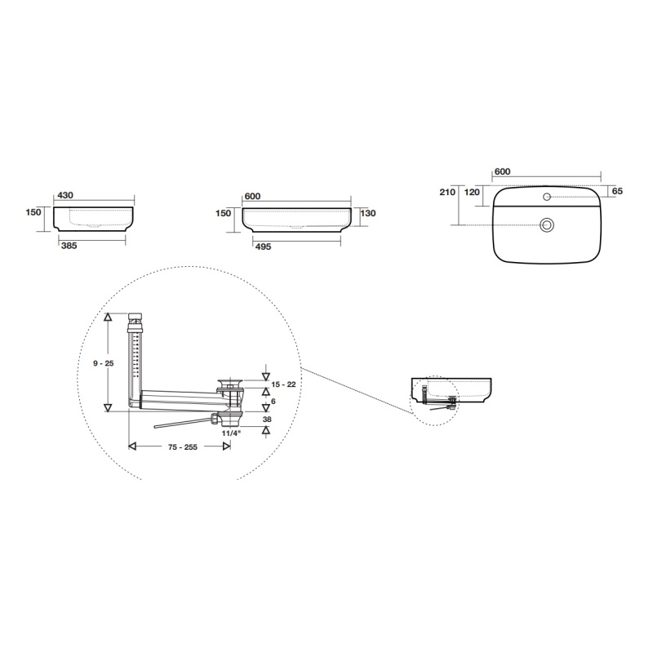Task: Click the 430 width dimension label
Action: (x=65, y=195)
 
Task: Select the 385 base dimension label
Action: (x=69, y=246)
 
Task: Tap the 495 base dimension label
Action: (x=263, y=247)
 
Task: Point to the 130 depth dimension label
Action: (x=368, y=213)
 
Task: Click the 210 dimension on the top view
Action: (x=447, y=192)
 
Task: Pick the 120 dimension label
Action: (x=472, y=192)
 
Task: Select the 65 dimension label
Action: (x=618, y=191)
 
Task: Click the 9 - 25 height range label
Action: (x=104, y=363)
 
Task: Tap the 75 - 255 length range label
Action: (x=183, y=447)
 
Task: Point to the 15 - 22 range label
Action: (x=283, y=384)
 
